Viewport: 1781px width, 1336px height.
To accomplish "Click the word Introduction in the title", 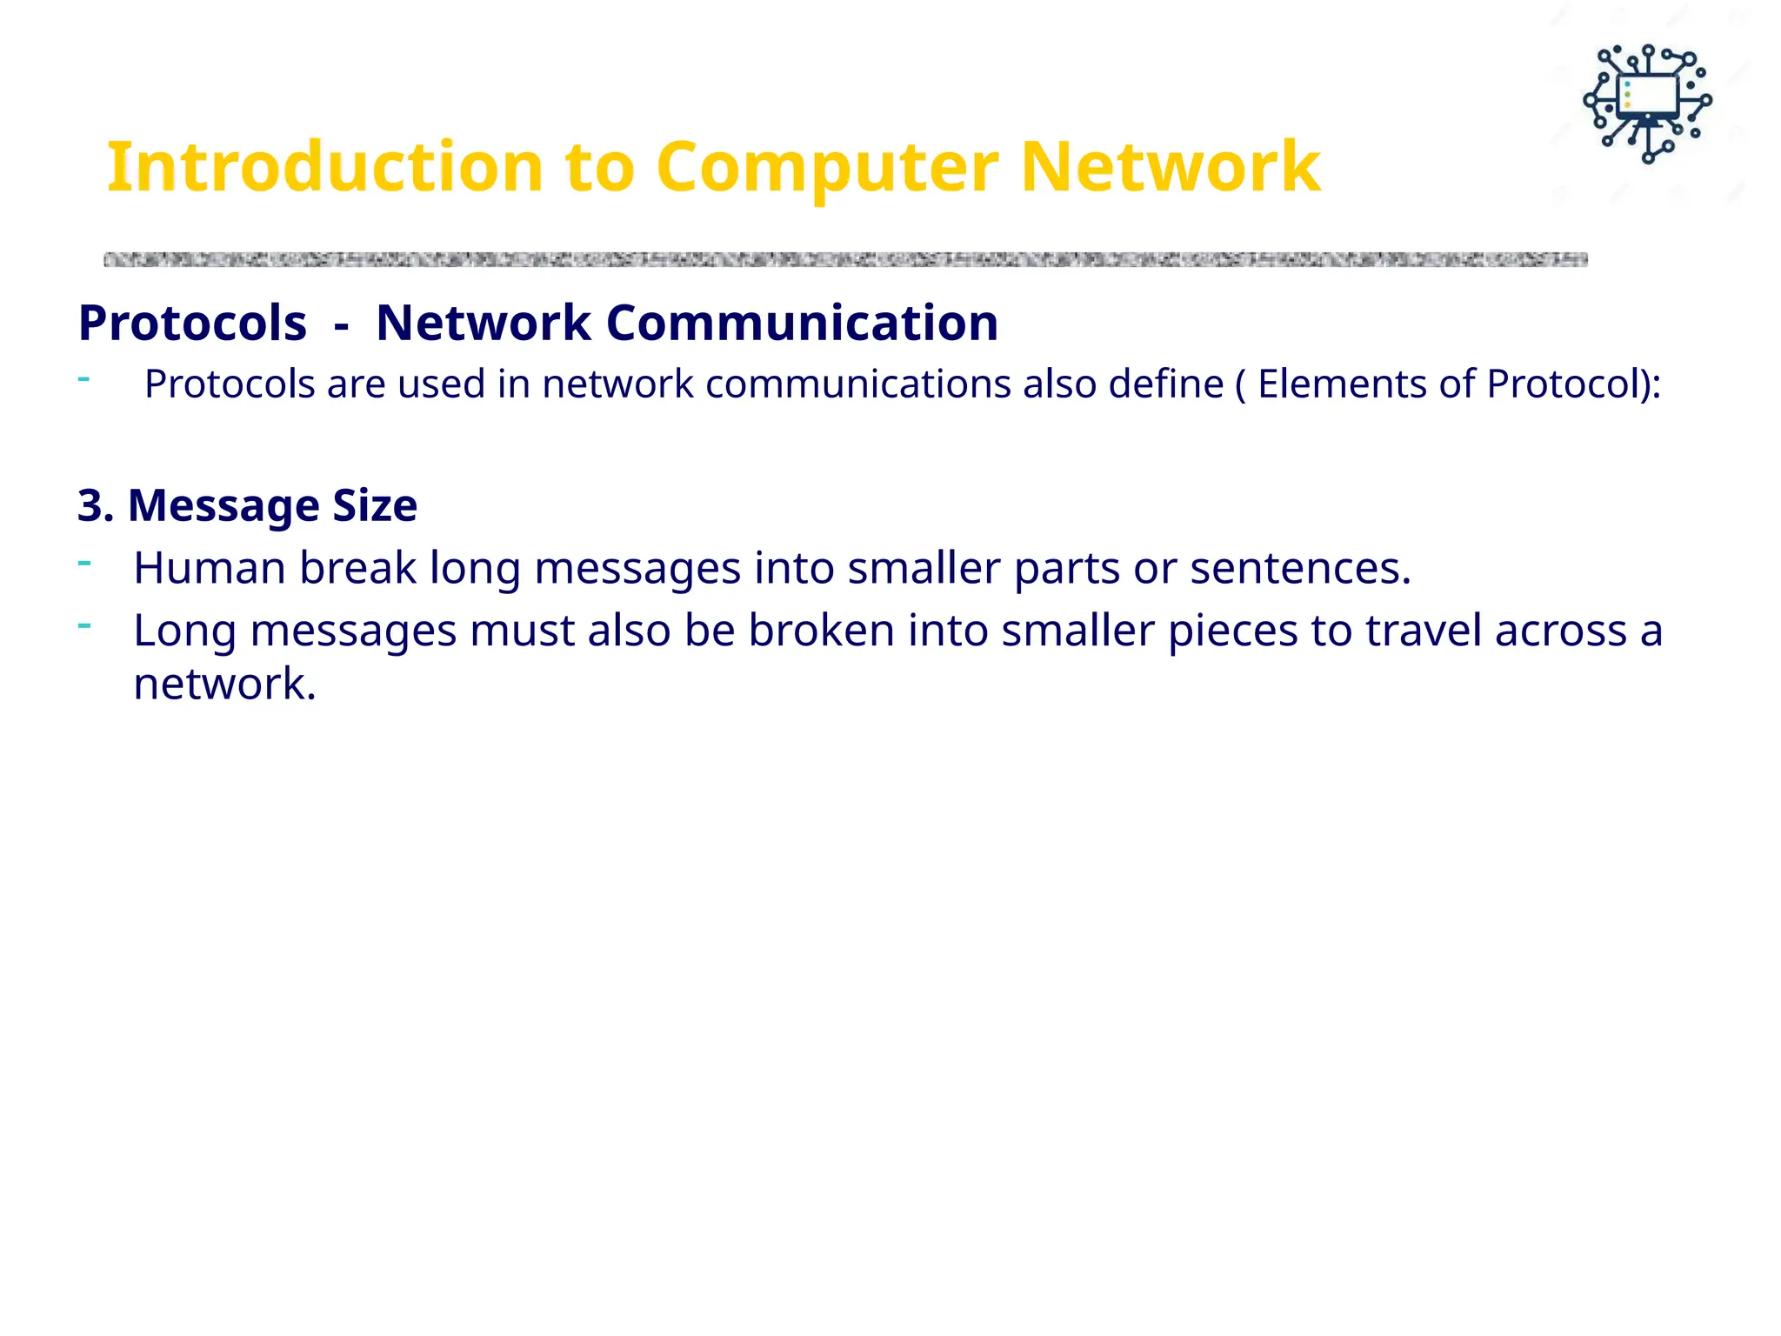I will point(325,167).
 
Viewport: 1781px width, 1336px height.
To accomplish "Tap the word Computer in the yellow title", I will point(826,167).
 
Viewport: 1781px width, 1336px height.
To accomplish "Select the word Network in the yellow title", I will point(1170,167).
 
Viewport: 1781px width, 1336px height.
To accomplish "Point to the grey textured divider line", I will point(844,259).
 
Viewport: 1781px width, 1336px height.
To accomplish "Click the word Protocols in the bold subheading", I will point(192,323).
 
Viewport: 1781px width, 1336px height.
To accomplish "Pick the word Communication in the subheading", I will point(801,323).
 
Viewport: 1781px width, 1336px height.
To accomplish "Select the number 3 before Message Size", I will point(90,505).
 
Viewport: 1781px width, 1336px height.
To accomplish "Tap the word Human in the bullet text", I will point(209,568).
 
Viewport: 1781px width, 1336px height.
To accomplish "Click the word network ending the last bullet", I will point(223,684).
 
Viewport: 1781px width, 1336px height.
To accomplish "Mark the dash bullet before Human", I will point(84,563).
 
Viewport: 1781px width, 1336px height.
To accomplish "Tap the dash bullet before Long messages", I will point(84,625).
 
